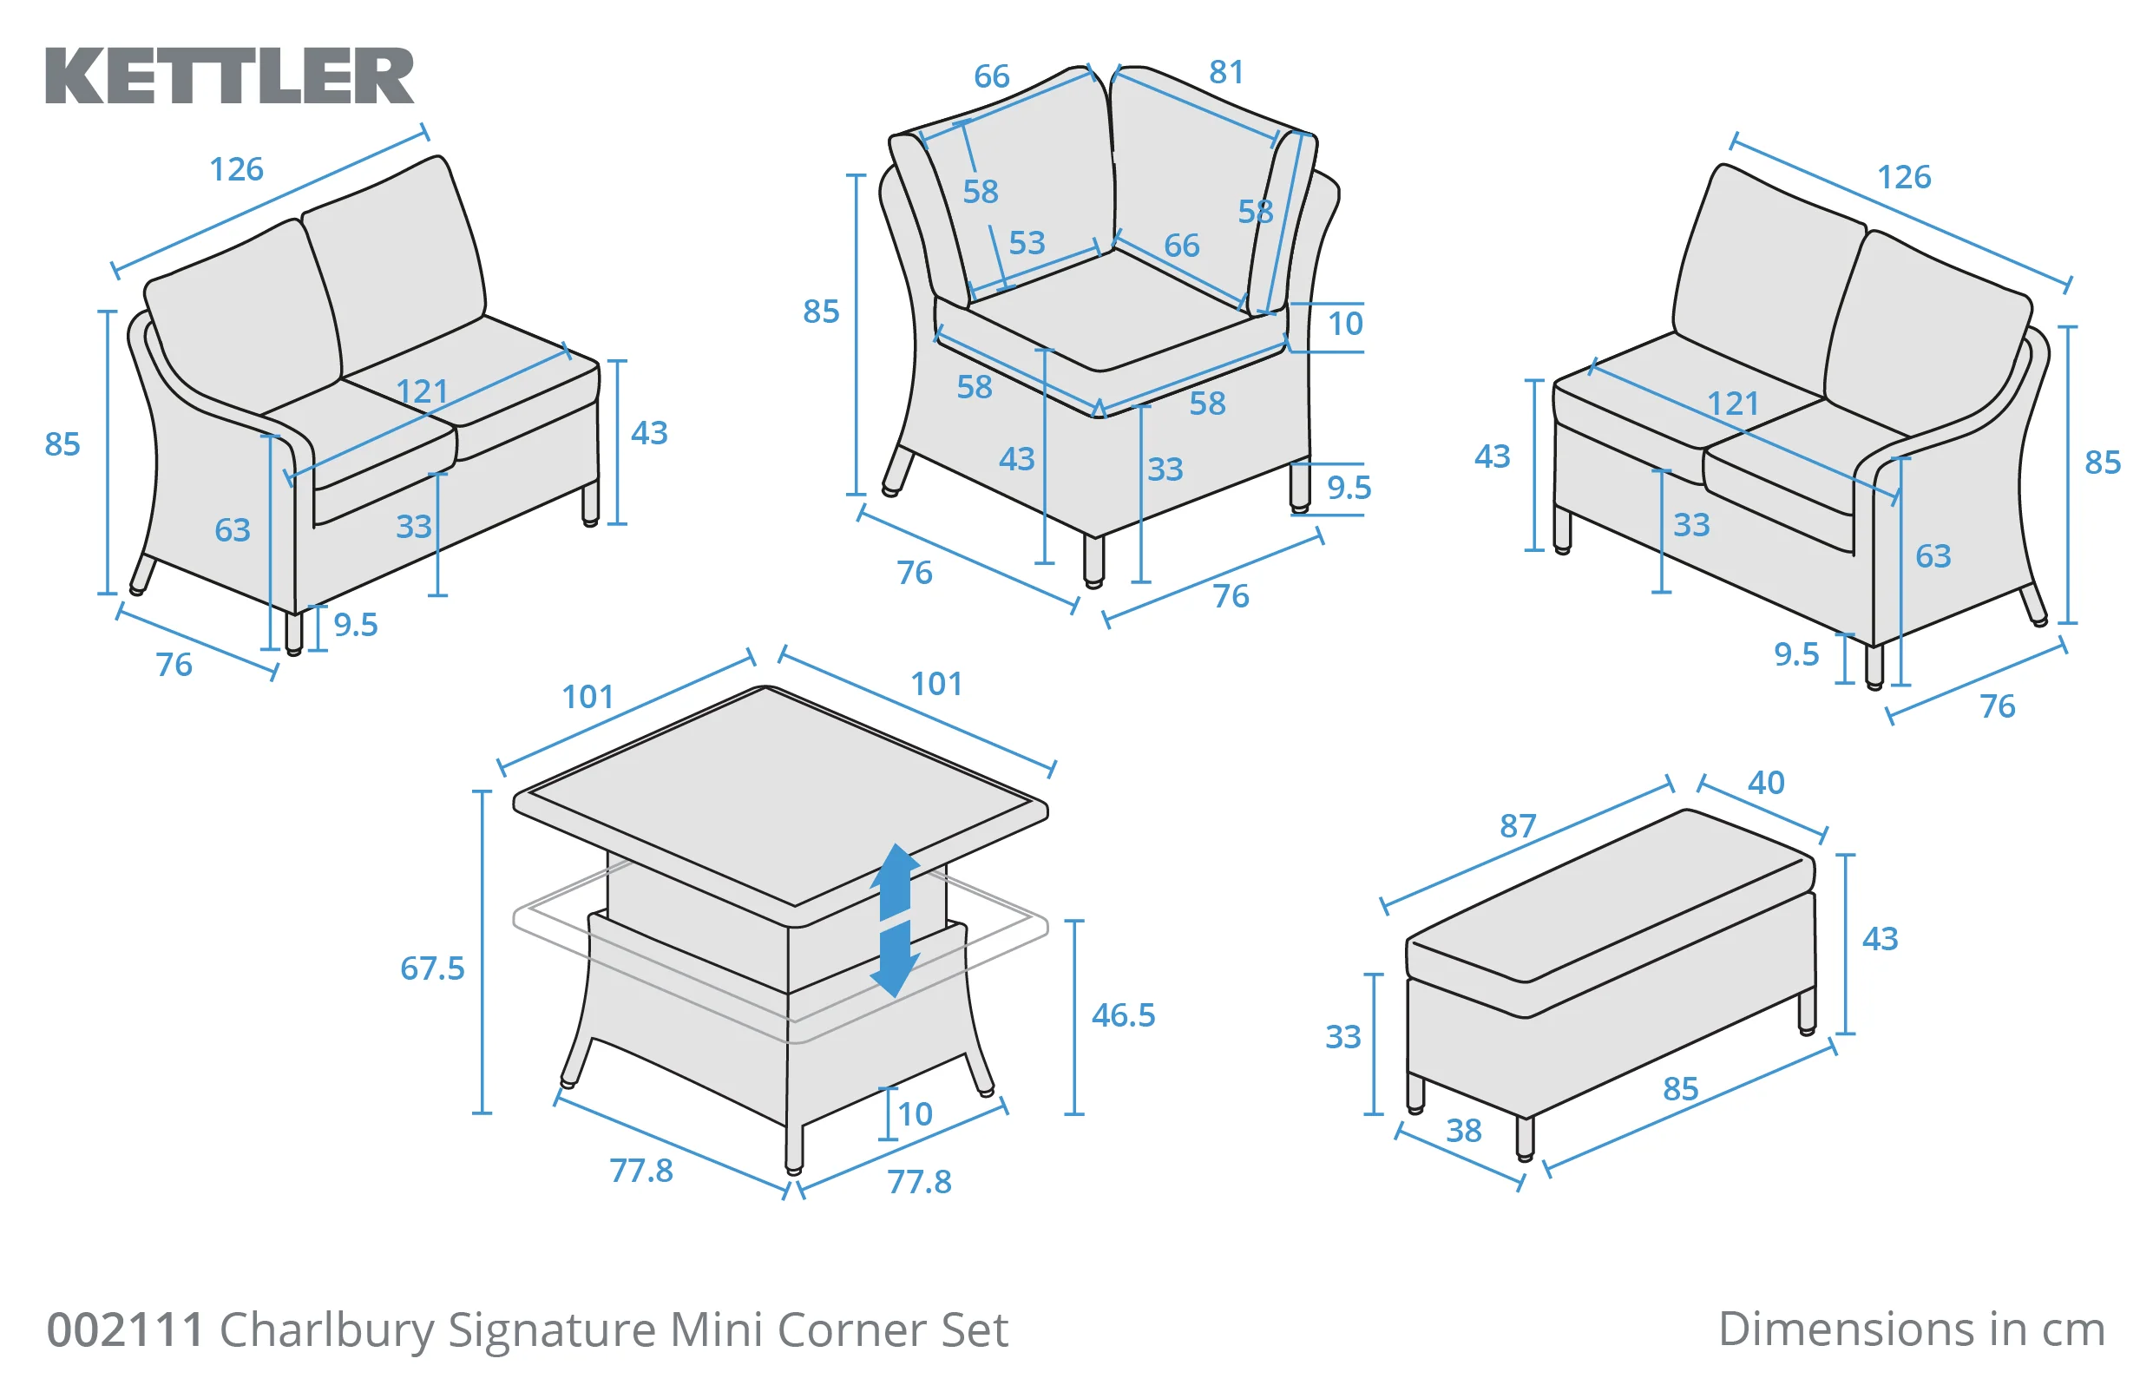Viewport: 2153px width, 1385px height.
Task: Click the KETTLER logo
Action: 229,76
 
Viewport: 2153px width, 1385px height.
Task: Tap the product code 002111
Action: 125,1329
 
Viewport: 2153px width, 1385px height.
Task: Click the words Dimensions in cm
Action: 1910,1329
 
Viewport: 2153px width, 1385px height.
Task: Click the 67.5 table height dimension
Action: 431,968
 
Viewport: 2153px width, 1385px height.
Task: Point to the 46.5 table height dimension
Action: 1122,1015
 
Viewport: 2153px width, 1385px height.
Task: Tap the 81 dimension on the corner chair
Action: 1226,72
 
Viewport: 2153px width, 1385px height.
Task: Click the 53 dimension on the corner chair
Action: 1026,243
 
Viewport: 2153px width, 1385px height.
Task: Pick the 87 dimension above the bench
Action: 1517,825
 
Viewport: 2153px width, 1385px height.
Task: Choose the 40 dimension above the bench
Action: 1765,783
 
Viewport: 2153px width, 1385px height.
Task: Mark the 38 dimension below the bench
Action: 1463,1131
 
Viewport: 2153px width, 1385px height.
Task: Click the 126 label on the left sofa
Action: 237,169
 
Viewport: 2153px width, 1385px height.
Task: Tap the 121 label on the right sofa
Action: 1732,403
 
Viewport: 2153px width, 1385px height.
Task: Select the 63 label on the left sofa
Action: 232,529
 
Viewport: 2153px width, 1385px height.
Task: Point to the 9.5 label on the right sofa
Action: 1795,653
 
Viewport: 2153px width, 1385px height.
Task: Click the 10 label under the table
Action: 915,1114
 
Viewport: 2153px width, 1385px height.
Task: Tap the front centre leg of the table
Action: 793,1146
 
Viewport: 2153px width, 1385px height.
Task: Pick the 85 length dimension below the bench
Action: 1679,1089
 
